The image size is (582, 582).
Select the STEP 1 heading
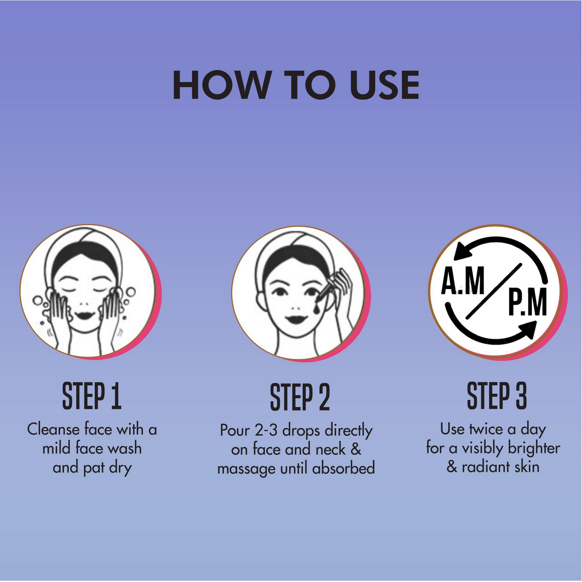tap(92, 396)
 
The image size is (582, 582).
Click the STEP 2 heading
tap(300, 397)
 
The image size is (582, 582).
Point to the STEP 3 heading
tap(497, 396)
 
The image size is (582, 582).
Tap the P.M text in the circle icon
tap(528, 301)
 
